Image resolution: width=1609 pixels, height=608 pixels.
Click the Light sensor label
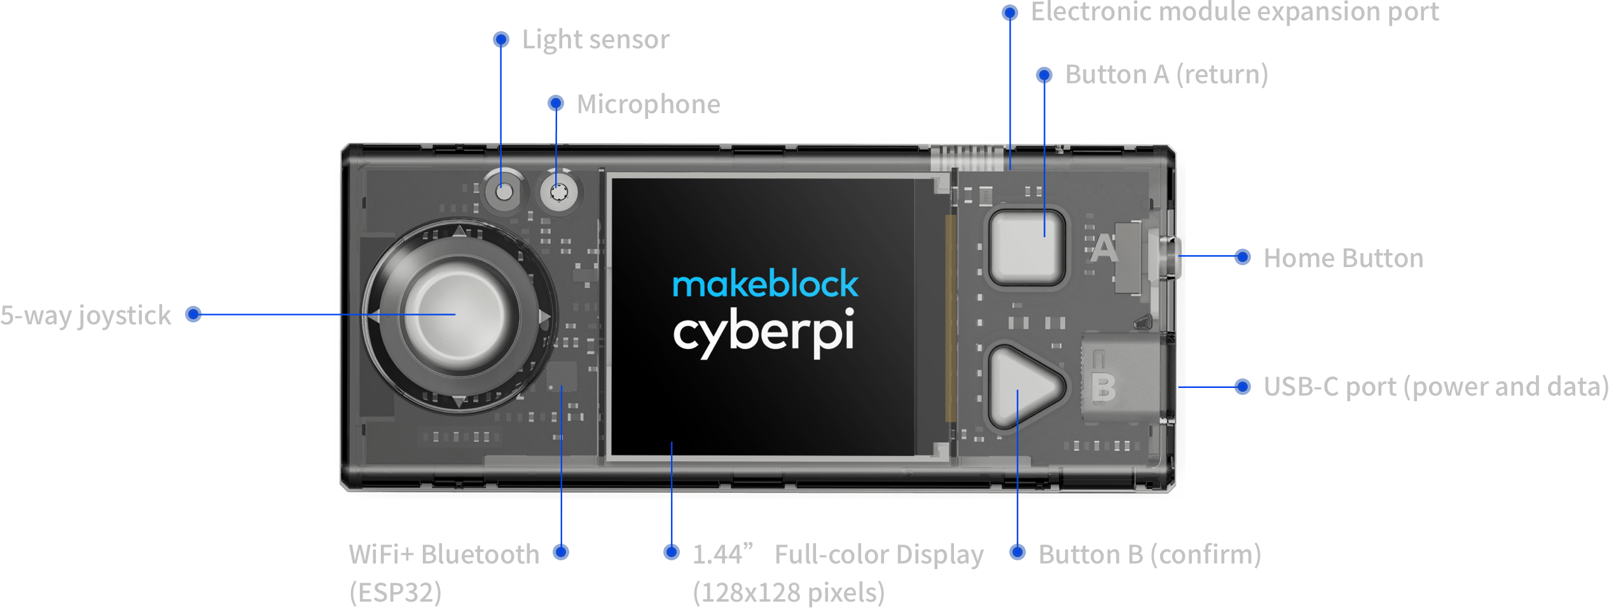[595, 40]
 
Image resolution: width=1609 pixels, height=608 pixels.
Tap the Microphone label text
[648, 104]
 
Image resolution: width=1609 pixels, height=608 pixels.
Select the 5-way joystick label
[86, 315]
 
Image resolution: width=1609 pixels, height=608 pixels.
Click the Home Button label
[1343, 258]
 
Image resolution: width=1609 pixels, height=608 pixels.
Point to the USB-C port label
[1435, 387]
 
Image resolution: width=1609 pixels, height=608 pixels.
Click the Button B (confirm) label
[1149, 555]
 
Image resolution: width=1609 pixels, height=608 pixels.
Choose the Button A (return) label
[1166, 74]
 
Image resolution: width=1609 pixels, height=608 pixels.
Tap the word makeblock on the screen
[765, 284]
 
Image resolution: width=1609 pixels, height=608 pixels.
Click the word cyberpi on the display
[763, 333]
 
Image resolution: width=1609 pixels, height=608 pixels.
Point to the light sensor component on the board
[503, 191]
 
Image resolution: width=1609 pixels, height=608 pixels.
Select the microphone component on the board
[558, 191]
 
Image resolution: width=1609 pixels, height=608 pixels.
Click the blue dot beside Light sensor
[501, 40]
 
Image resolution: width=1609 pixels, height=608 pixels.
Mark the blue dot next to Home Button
[1242, 257]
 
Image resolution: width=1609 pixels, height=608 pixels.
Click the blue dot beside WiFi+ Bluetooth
[560, 552]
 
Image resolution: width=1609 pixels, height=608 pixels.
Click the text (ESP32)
[395, 592]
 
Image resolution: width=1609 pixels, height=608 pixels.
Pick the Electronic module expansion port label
[1234, 11]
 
